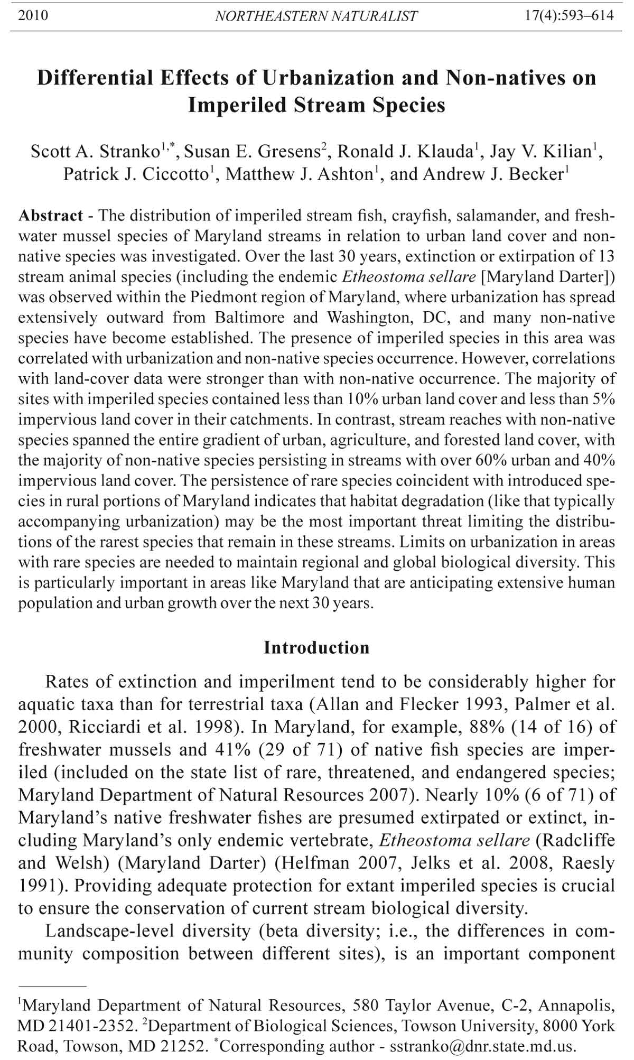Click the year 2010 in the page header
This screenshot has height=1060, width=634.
point(33,15)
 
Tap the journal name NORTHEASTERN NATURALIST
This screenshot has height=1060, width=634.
point(316,16)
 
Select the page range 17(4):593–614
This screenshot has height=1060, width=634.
point(569,15)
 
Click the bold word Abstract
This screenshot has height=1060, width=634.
point(50,216)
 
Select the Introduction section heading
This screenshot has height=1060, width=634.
point(316,648)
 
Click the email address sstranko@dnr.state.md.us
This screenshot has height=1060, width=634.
point(482,1046)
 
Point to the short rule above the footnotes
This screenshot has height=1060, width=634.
point(52,986)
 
